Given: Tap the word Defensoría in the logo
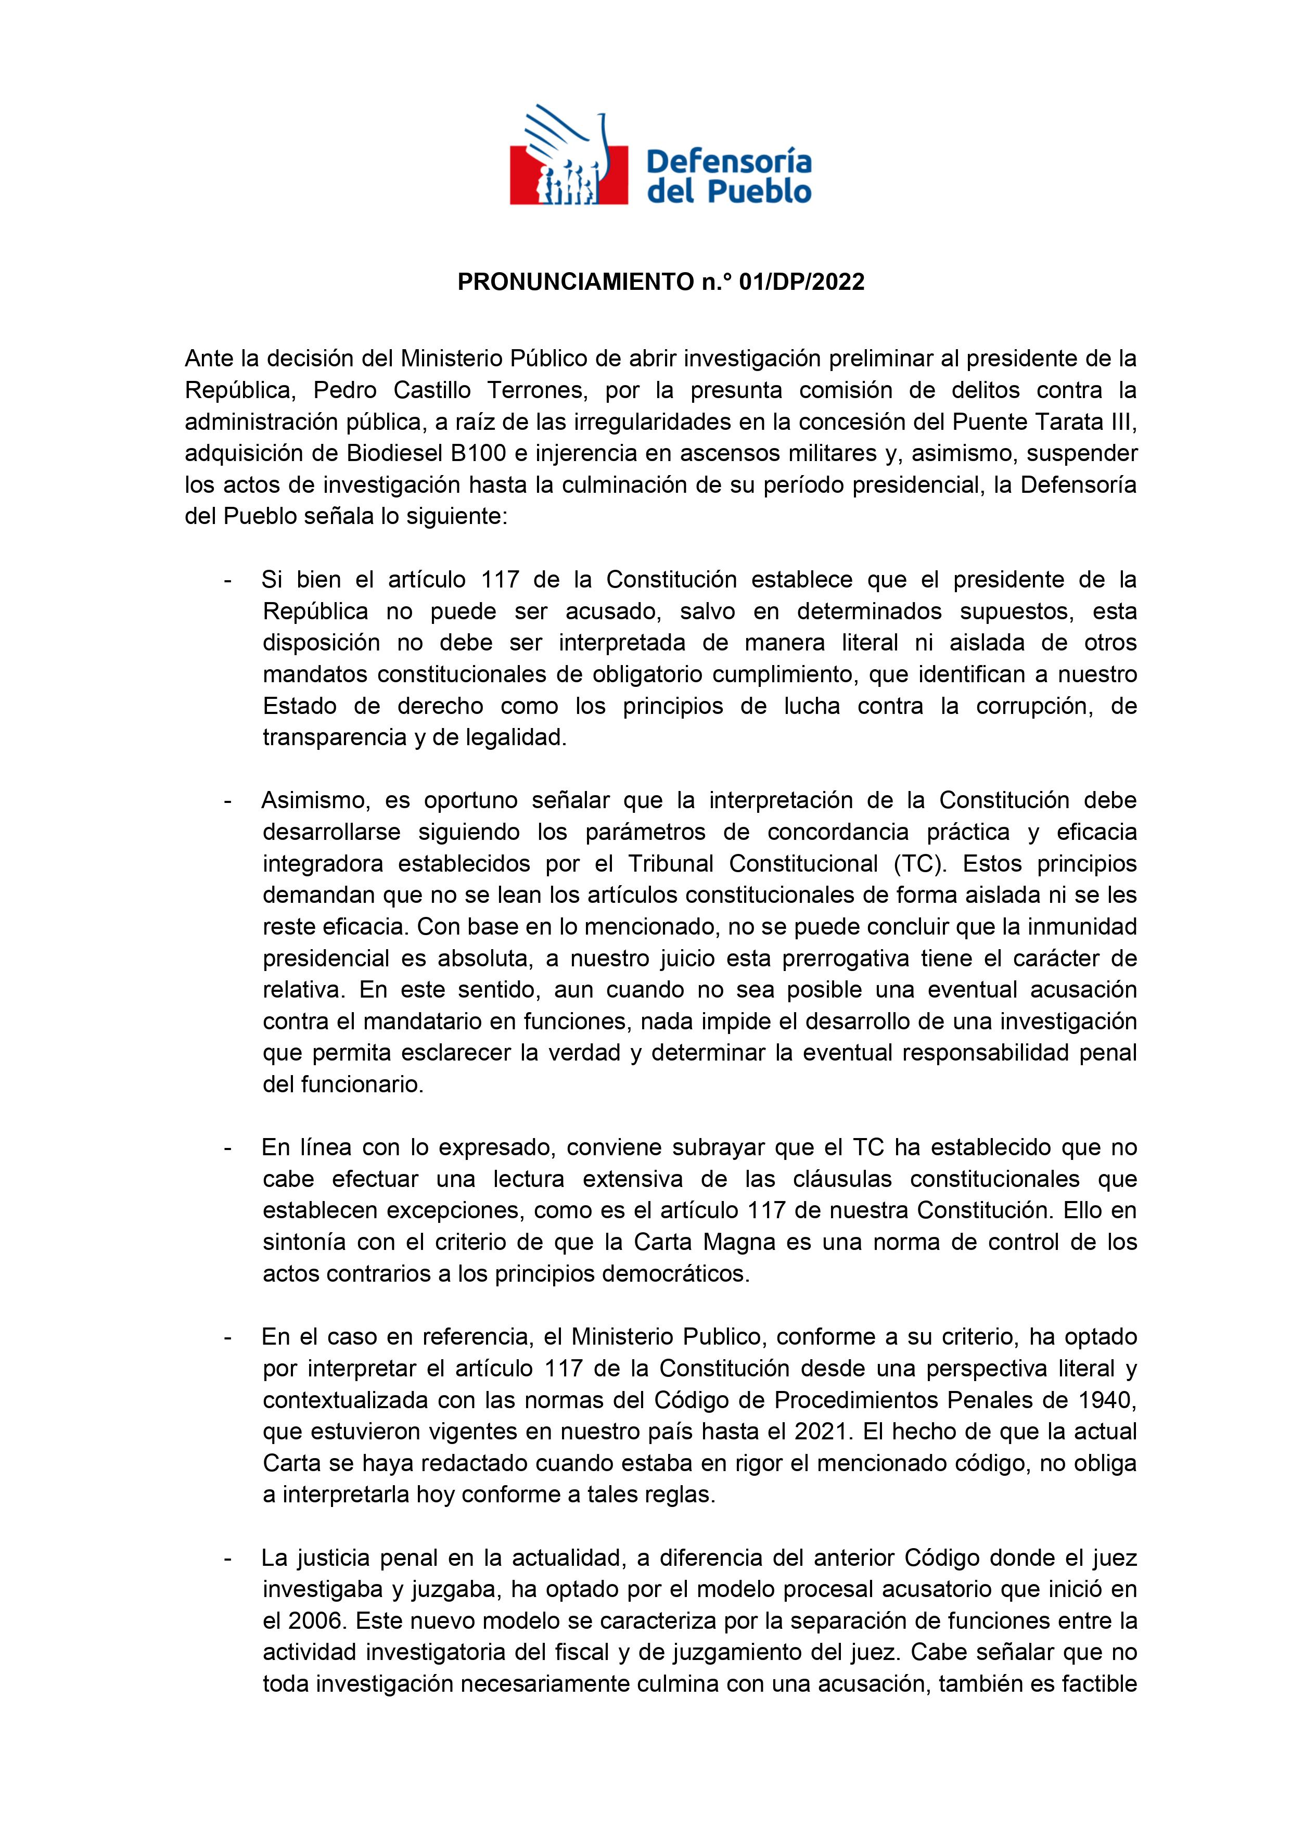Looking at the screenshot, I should [x=730, y=163].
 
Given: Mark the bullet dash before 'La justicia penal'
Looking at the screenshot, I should [x=228, y=1558].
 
